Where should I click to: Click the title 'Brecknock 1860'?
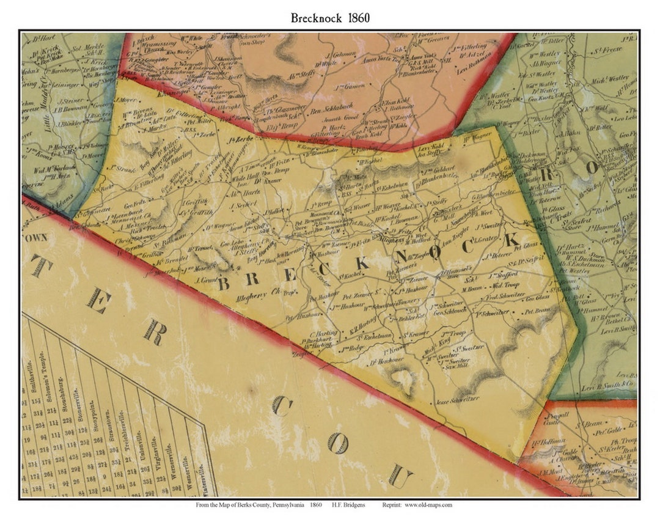click(330, 17)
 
